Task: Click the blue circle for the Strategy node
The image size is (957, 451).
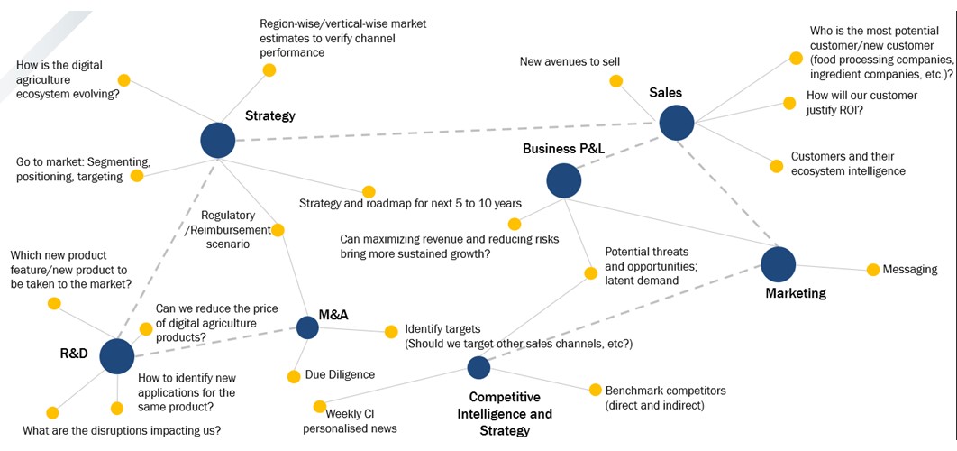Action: [217, 140]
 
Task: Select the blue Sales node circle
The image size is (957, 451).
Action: [676, 123]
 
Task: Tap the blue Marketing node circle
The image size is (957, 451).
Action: [778, 264]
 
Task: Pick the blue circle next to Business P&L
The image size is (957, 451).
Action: [563, 180]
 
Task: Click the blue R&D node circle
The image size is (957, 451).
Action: [116, 356]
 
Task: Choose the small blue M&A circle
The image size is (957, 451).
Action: [307, 327]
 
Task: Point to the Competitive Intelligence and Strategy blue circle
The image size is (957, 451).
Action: [478, 367]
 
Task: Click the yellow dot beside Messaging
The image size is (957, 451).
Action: [872, 270]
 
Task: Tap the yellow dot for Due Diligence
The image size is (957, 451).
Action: [293, 375]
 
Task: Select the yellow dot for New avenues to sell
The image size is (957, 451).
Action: [616, 81]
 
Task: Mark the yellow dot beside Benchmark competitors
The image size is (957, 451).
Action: [595, 390]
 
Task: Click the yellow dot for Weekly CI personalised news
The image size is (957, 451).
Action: [319, 406]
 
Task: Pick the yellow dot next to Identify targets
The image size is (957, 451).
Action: [391, 331]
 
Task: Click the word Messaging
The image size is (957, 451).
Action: [910, 270]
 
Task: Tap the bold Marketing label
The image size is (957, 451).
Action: [796, 293]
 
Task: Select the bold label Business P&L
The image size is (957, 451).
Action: [556, 149]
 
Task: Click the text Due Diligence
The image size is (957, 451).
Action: [340, 374]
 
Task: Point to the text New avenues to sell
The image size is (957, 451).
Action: [570, 61]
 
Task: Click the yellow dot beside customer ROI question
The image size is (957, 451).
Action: [789, 103]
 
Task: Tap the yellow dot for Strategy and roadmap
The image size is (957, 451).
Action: [369, 191]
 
